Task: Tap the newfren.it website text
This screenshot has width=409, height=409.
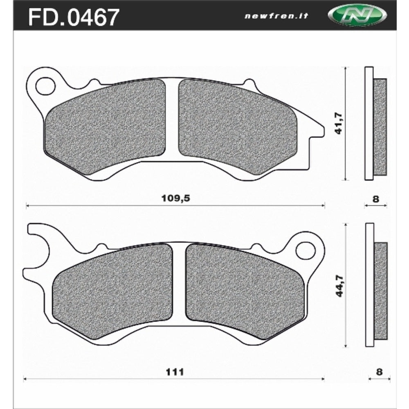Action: (276, 16)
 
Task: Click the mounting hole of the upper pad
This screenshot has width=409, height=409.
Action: (45, 86)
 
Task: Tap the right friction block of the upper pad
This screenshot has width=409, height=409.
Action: (237, 126)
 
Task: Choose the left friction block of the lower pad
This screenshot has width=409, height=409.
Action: (112, 288)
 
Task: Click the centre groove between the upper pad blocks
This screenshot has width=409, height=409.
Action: (172, 119)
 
